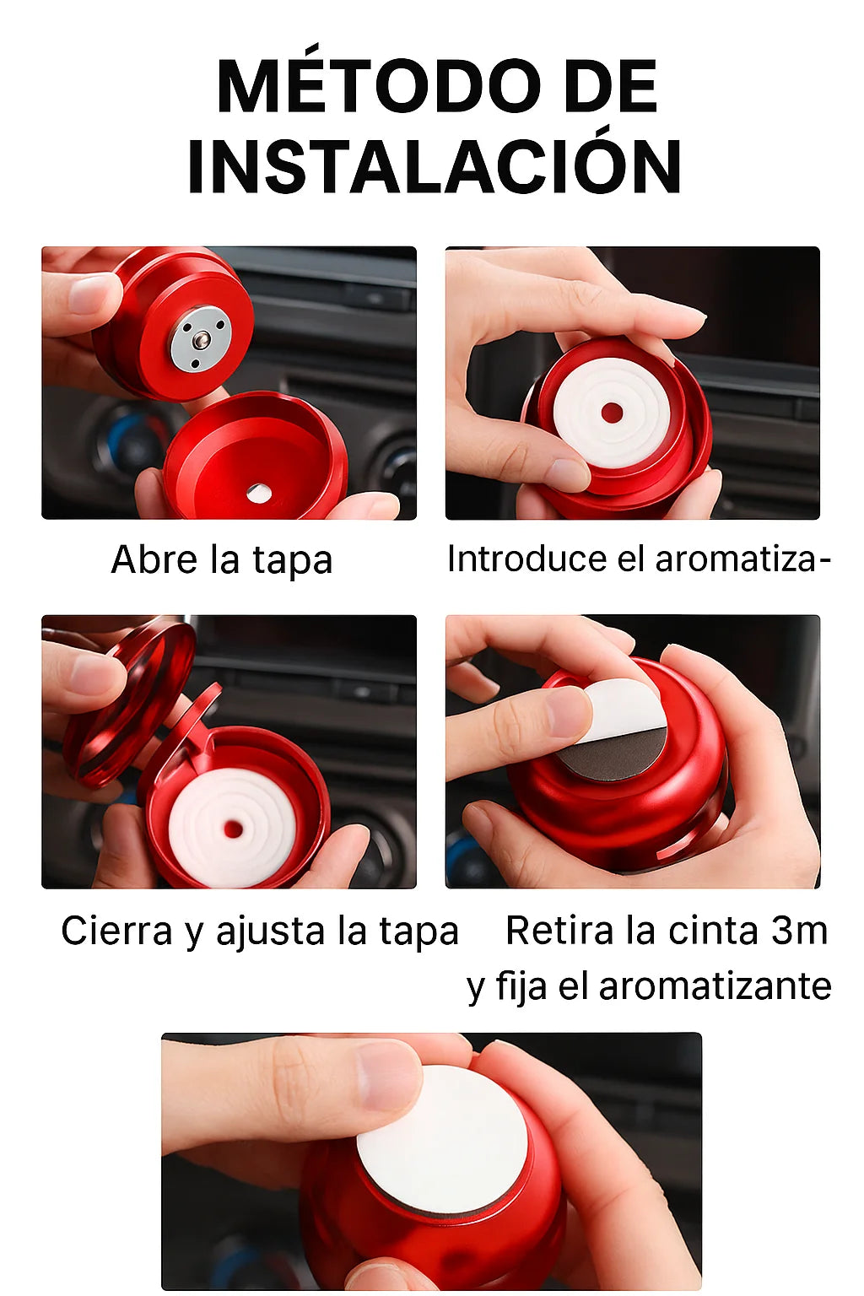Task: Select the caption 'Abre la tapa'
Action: [222, 560]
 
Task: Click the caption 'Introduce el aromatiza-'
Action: [639, 559]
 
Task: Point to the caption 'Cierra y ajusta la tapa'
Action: [260, 931]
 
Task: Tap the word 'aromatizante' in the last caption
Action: [715, 985]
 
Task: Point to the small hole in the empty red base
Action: [259, 493]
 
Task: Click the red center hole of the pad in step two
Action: [612, 413]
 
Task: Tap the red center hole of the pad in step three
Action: [234, 829]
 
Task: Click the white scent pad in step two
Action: [612, 413]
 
